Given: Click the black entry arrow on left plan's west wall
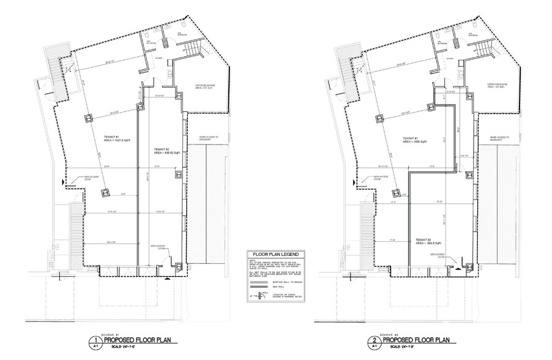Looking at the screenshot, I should click(x=64, y=182).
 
